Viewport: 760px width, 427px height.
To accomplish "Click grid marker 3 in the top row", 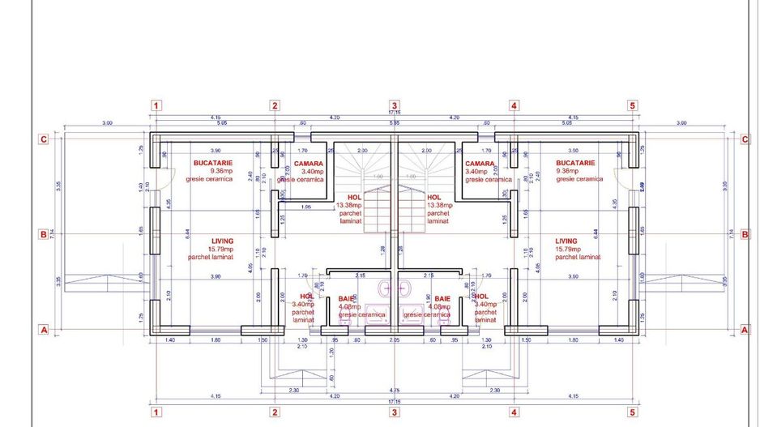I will (x=394, y=105).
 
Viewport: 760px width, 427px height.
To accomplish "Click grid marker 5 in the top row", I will (x=632, y=105).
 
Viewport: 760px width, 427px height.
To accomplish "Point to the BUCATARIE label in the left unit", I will (x=213, y=163).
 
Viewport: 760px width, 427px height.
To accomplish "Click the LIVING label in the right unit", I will (x=566, y=241).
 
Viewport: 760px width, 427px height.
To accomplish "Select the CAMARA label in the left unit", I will (x=309, y=164).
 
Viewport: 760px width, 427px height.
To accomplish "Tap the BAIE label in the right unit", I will (x=442, y=299).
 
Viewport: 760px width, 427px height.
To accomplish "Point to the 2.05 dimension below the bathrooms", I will (x=394, y=341).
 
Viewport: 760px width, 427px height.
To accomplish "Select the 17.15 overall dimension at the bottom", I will (x=394, y=400).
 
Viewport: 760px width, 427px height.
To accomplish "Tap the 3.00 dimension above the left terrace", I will (x=107, y=123).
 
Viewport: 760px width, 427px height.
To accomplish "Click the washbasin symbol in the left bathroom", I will (x=383, y=288).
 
